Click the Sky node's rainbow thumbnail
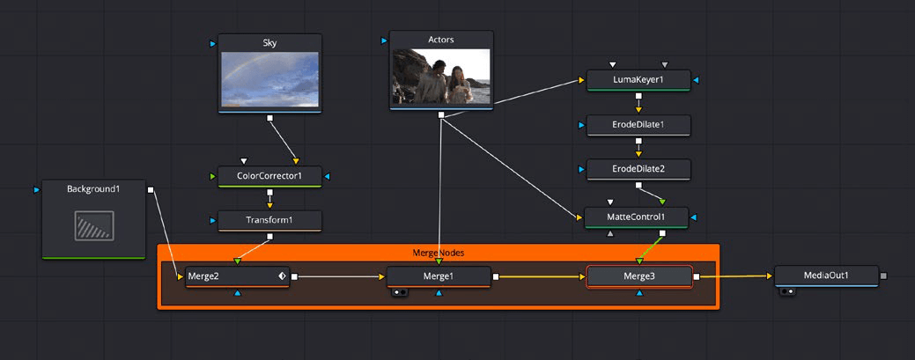pyautogui.click(x=269, y=79)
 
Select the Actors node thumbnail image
pyautogui.click(x=439, y=77)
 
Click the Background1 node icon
pyautogui.click(x=93, y=225)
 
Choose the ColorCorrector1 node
pyautogui.click(x=269, y=175)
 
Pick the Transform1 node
pyautogui.click(x=269, y=219)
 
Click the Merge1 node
pyautogui.click(x=439, y=276)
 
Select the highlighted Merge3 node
pyautogui.click(x=639, y=276)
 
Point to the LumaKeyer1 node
pyautogui.click(x=638, y=81)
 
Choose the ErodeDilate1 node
pyautogui.click(x=638, y=125)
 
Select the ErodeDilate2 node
pyautogui.click(x=638, y=168)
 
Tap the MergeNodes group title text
pyautogui.click(x=438, y=253)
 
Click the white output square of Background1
pyautogui.click(x=151, y=189)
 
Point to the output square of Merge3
pyautogui.click(x=697, y=276)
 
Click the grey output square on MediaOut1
pyautogui.click(x=883, y=276)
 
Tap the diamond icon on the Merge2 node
pyautogui.click(x=281, y=276)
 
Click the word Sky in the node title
pyautogui.click(x=269, y=41)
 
